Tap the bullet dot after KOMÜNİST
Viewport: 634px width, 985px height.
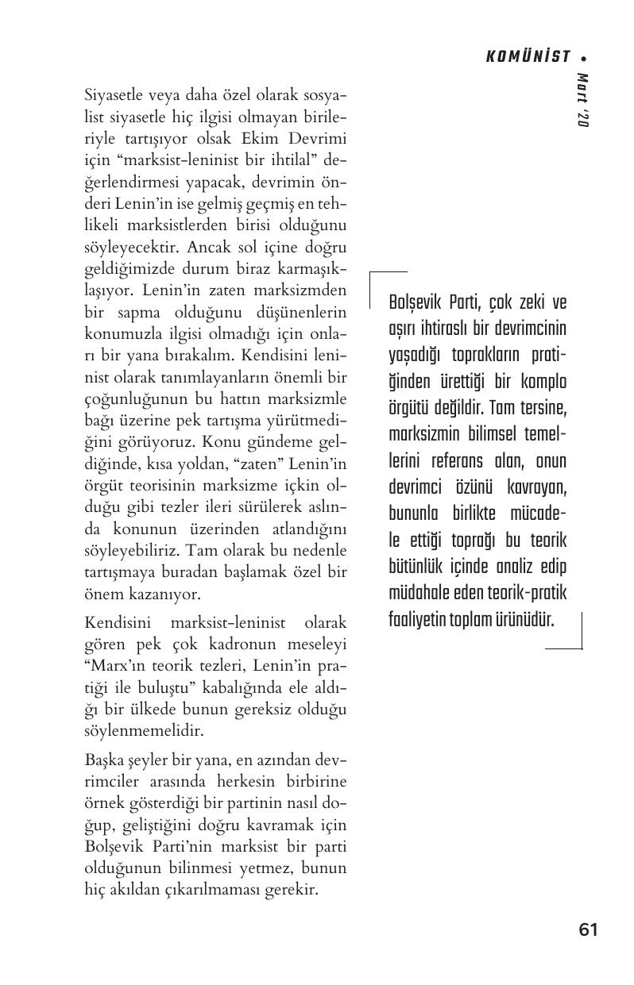[584, 58]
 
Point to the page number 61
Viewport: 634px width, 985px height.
[588, 929]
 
